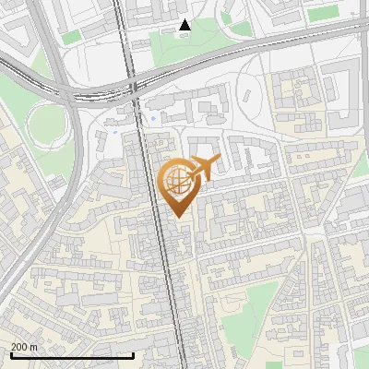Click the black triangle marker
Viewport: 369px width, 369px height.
tap(184, 25)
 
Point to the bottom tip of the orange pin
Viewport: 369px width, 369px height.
tap(177, 217)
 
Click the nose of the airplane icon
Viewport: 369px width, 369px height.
tap(220, 162)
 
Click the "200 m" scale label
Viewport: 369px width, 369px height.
tap(24, 347)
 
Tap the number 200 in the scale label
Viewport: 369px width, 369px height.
tap(19, 347)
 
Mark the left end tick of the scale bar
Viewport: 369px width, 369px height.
tap(11, 354)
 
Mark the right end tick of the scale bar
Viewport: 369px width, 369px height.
tap(134, 354)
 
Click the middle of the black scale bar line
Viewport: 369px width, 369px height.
tap(72, 355)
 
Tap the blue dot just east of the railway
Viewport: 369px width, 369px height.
tap(152, 119)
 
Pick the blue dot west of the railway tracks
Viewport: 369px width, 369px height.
tap(114, 131)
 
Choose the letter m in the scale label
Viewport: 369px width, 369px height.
tap(34, 348)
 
